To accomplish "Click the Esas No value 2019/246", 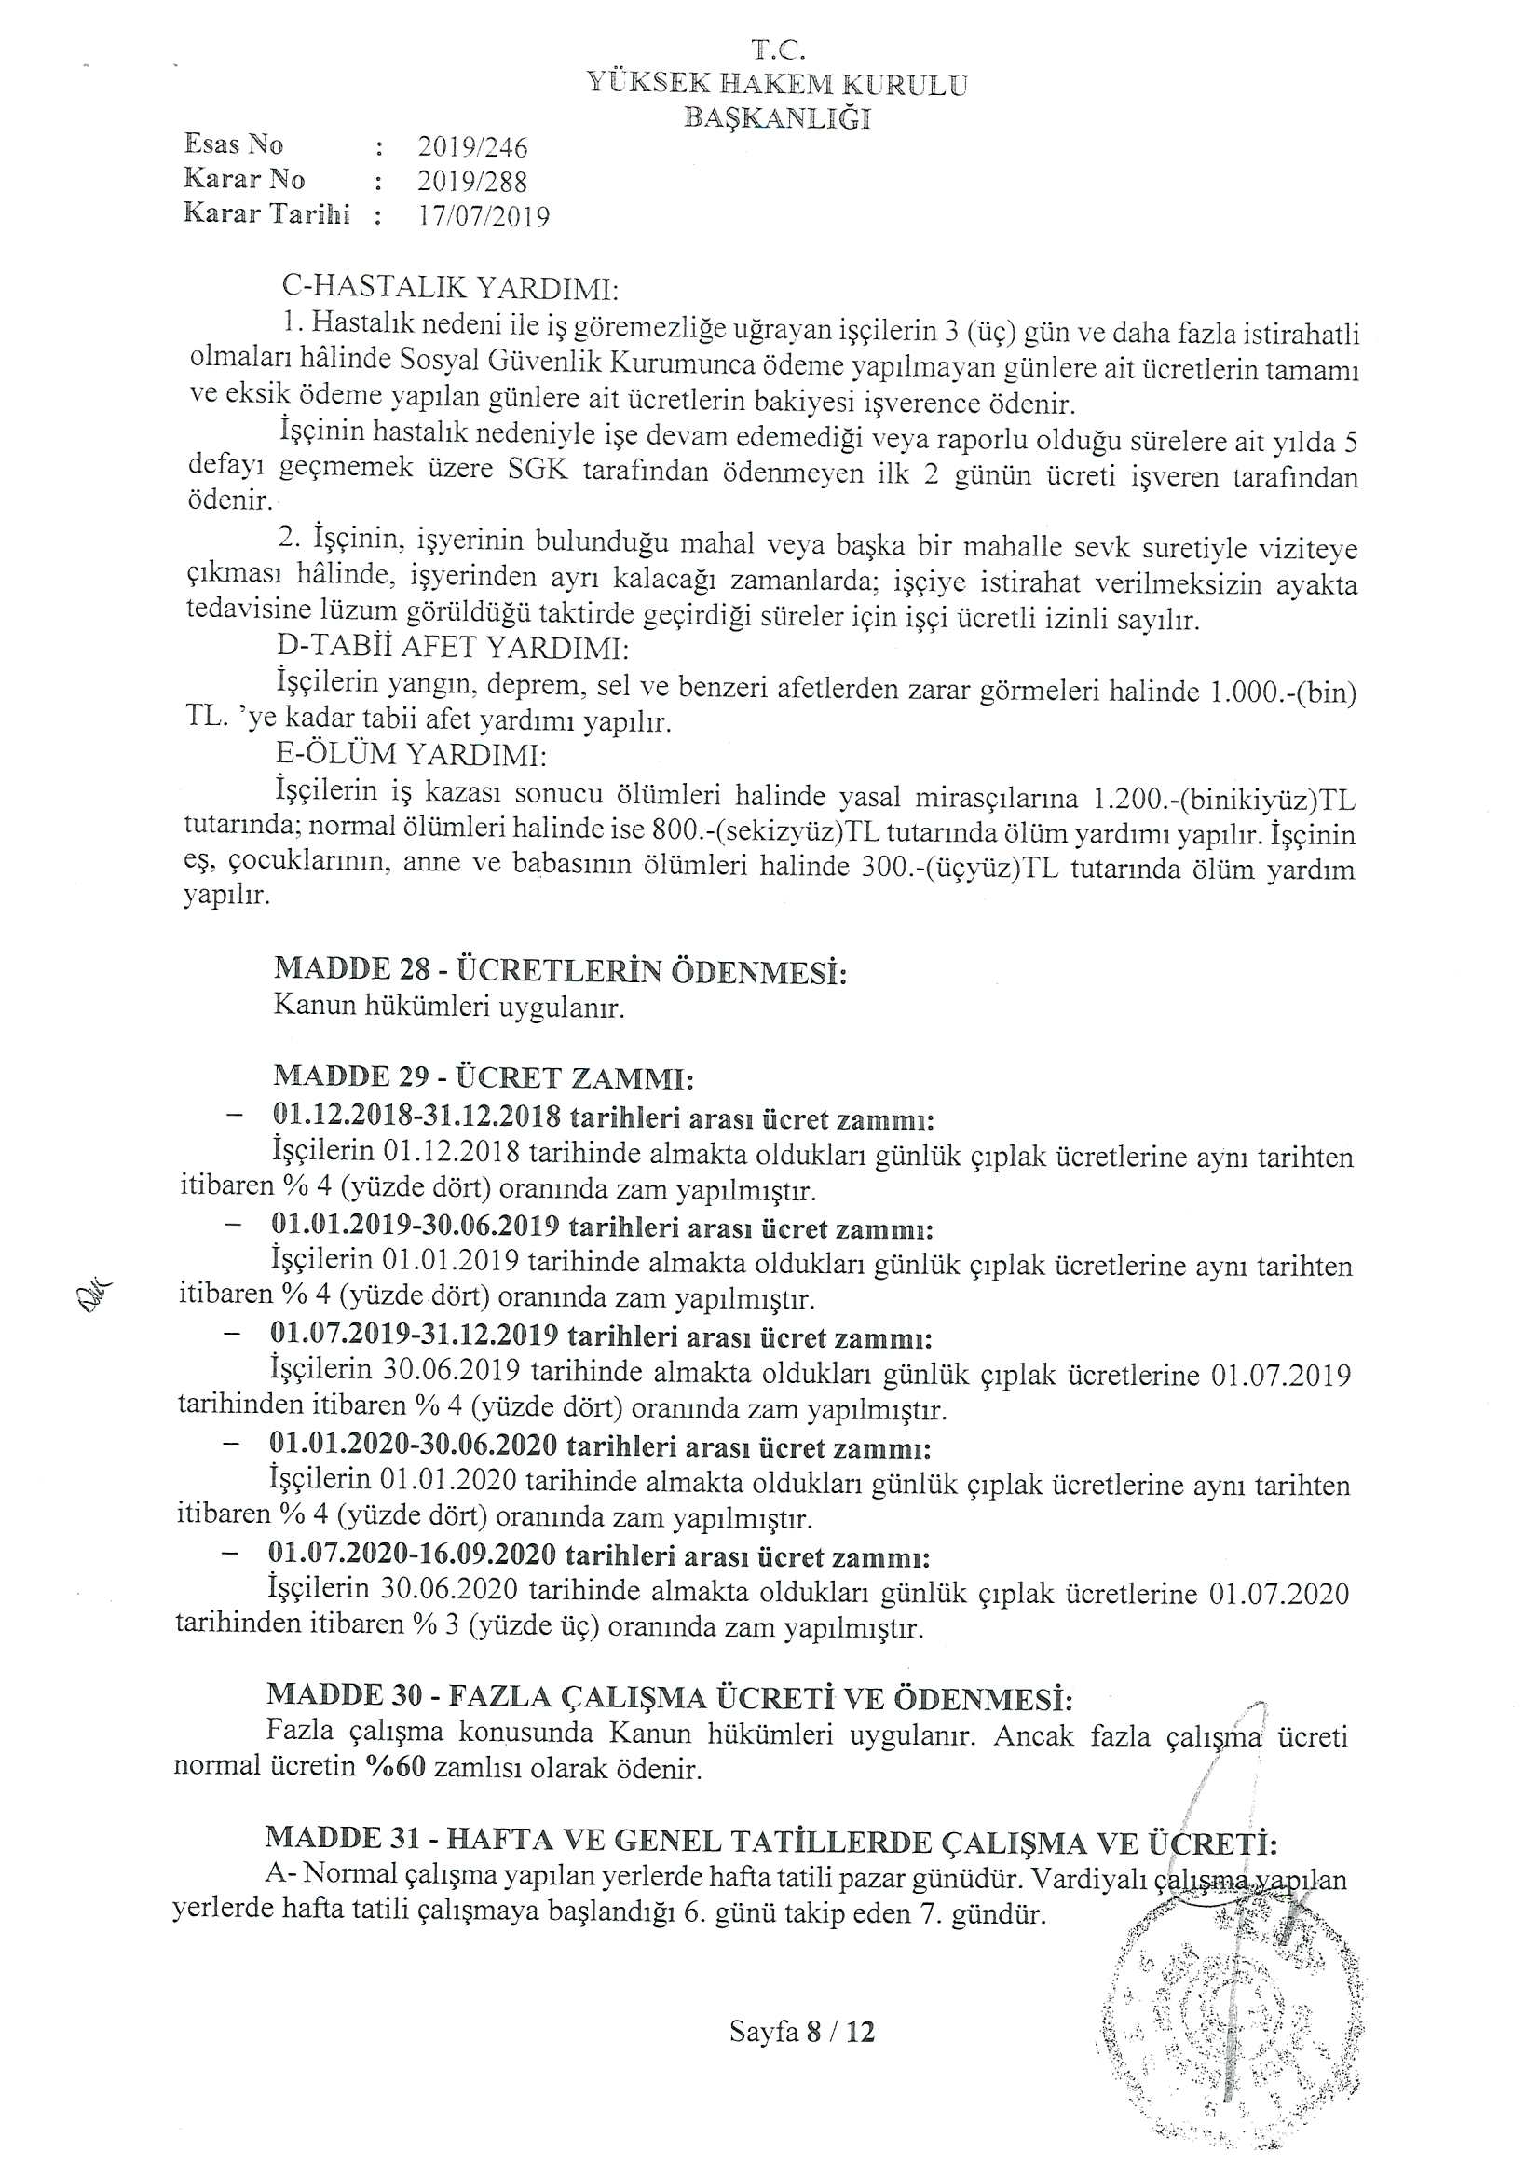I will point(471,147).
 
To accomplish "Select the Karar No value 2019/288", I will point(471,181).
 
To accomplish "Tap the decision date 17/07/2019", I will point(484,216).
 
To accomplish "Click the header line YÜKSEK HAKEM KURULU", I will point(777,84).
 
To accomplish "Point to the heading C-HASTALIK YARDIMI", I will point(450,287).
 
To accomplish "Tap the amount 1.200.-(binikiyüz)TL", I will point(1224,798).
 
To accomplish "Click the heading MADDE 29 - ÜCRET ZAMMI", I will point(484,1076).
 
